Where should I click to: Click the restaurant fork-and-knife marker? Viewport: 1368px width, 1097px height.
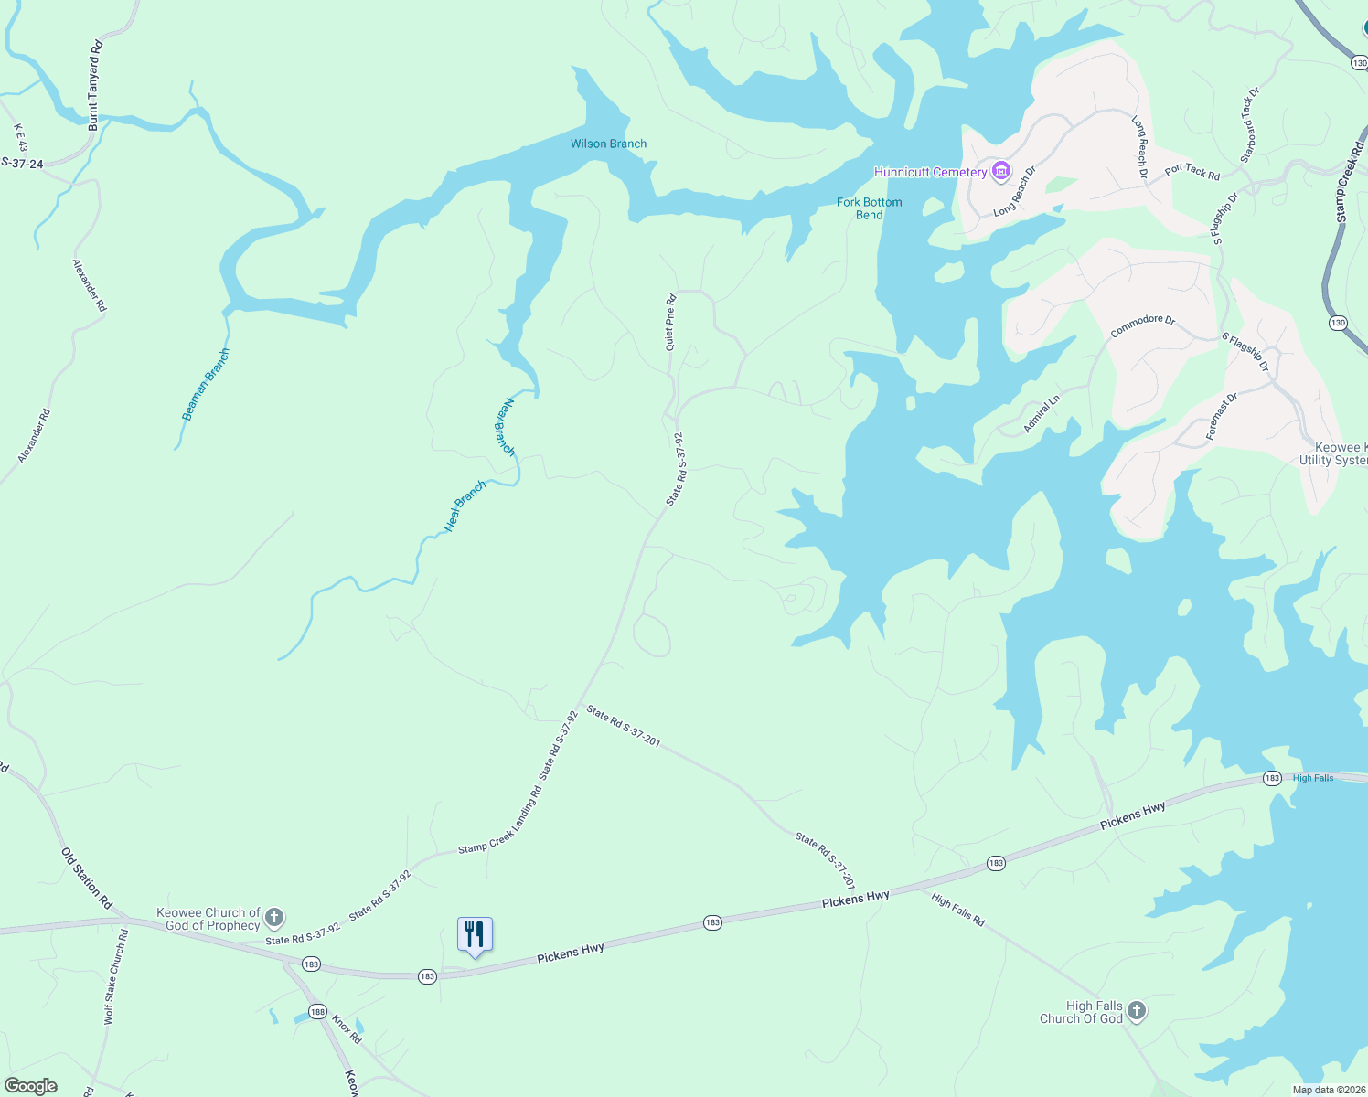pyautogui.click(x=475, y=934)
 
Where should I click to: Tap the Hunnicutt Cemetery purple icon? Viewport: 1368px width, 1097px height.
pyautogui.click(x=1001, y=171)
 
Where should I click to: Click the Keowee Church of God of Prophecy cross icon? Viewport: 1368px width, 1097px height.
pyautogui.click(x=274, y=918)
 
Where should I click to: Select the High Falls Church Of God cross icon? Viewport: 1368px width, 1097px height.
pyautogui.click(x=1137, y=1011)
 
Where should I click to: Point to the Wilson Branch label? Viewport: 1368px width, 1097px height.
pyautogui.click(x=608, y=144)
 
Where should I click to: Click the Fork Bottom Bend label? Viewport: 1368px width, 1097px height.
pyautogui.click(x=870, y=208)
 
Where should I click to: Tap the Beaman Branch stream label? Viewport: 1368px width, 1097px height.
pyautogui.click(x=206, y=385)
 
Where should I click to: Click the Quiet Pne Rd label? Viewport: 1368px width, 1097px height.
pyautogui.click(x=671, y=322)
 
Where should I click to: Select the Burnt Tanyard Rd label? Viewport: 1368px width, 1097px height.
pyautogui.click(x=94, y=85)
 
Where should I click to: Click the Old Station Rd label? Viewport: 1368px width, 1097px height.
pyautogui.click(x=86, y=879)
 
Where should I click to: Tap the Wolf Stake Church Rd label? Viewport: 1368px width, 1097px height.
pyautogui.click(x=116, y=976)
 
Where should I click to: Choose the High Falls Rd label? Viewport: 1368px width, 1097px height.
pyautogui.click(x=957, y=911)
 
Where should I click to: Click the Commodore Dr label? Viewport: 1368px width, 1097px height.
pyautogui.click(x=1142, y=325)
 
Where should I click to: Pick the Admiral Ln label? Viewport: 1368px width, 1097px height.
pyautogui.click(x=1042, y=414)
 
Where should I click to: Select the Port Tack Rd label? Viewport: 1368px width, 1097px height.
pyautogui.click(x=1192, y=171)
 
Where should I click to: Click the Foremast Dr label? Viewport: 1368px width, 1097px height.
pyautogui.click(x=1222, y=417)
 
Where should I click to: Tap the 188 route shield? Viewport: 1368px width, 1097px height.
pyautogui.click(x=317, y=1011)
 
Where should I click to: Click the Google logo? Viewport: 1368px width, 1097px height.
pyautogui.click(x=31, y=1086)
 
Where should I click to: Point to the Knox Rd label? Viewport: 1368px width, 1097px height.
pyautogui.click(x=347, y=1029)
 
